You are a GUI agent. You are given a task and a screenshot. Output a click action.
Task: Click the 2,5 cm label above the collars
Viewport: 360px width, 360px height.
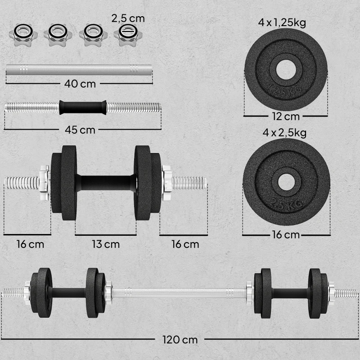[128, 18]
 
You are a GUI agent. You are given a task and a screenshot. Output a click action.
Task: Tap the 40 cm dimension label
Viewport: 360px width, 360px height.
[80, 84]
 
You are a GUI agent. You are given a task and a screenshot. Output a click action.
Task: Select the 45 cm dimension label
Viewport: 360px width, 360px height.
[80, 130]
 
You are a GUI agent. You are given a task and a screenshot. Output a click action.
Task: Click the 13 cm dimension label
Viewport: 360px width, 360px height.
[106, 244]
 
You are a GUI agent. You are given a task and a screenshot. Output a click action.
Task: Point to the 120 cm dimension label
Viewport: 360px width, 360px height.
[180, 340]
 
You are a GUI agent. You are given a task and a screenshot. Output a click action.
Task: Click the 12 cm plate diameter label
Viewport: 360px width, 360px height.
[286, 117]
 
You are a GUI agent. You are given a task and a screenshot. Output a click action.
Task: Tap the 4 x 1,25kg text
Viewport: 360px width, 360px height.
[282, 23]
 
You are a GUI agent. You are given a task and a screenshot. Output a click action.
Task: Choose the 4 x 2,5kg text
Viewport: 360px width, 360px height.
[284, 133]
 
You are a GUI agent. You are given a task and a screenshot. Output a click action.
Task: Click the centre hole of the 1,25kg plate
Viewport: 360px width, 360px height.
[286, 70]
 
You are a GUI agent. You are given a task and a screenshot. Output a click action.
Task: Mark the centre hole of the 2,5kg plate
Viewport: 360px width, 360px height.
[286, 182]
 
